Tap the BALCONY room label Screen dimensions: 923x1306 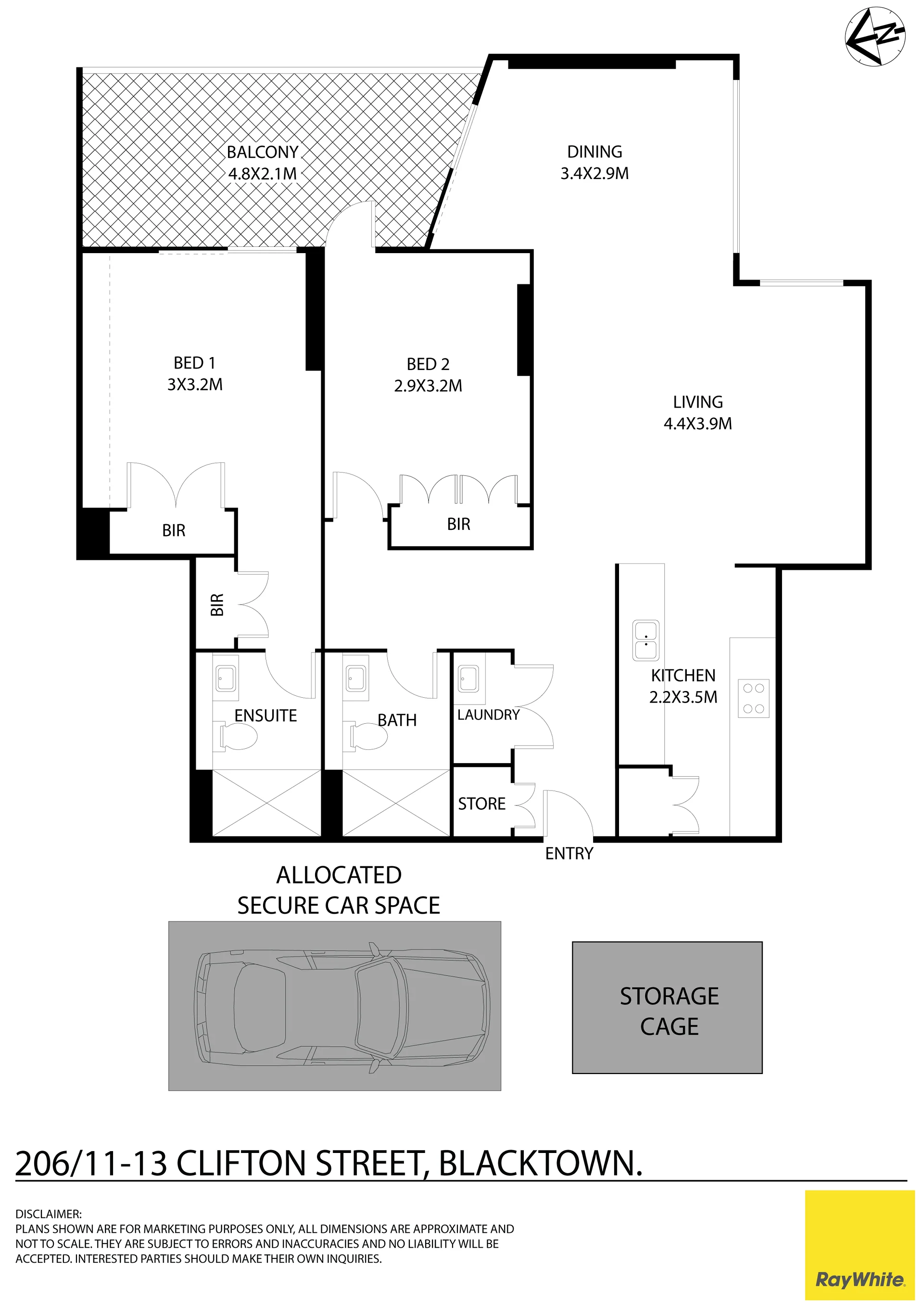tap(262, 153)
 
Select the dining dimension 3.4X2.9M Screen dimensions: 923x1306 tap(594, 174)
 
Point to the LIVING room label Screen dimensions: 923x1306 tap(698, 402)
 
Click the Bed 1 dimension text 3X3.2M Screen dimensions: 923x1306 tap(194, 384)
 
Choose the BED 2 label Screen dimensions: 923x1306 tap(428, 364)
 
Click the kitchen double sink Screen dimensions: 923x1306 tap(645, 641)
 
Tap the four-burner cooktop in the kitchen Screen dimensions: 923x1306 tap(754, 699)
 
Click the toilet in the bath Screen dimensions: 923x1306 tap(368, 737)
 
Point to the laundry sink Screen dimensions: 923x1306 tap(468, 678)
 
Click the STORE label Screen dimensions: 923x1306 tap(481, 804)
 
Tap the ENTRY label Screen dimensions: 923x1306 tap(569, 853)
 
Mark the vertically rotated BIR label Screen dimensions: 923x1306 tap(216, 605)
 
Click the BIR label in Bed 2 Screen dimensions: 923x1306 tap(458, 524)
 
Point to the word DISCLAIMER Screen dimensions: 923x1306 tap(49, 1215)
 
